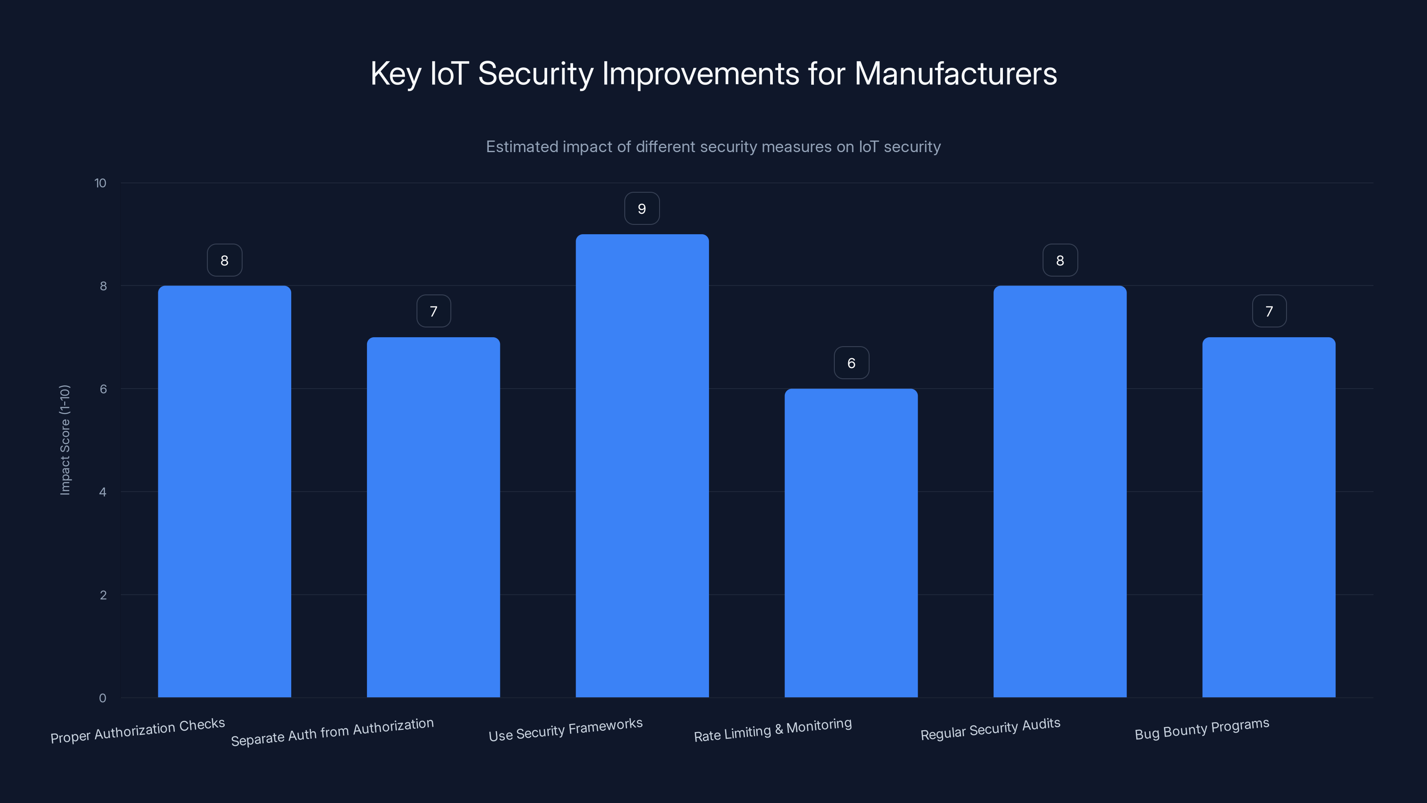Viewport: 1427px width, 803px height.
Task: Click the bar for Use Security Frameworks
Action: (x=642, y=465)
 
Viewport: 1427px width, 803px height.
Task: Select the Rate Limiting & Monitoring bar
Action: (x=851, y=543)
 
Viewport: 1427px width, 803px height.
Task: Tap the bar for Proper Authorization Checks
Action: (x=224, y=492)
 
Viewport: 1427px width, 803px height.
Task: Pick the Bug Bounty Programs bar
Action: (x=1269, y=517)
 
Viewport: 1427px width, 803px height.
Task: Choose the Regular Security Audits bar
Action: (x=1060, y=492)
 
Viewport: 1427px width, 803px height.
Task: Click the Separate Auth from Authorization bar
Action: (x=433, y=517)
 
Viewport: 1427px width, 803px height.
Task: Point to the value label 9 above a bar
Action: (x=642, y=209)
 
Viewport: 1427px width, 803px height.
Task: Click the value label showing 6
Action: (x=851, y=363)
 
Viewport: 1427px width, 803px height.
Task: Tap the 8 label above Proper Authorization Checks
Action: (x=224, y=261)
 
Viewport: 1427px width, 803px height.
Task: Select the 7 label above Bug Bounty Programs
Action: (x=1269, y=311)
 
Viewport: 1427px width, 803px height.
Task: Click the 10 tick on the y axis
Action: (x=100, y=183)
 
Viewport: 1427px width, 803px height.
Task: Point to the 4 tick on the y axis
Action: (x=103, y=492)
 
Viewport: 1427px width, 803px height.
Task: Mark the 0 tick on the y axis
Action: (x=103, y=698)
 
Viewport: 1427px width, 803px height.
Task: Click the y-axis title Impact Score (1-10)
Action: (x=65, y=440)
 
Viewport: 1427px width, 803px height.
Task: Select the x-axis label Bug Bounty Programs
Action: (x=1201, y=729)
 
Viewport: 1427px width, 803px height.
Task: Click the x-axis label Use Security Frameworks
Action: (x=565, y=730)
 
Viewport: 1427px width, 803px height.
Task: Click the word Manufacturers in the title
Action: (x=956, y=74)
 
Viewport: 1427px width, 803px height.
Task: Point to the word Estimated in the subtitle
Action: (x=522, y=147)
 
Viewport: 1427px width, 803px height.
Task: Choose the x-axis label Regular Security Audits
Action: (x=990, y=729)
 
